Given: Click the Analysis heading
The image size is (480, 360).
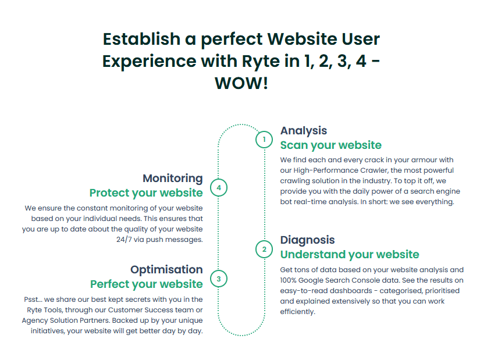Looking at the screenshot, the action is (x=304, y=131).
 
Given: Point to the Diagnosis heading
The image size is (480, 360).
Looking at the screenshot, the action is (x=307, y=240).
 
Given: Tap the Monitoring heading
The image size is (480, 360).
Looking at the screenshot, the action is (x=173, y=178).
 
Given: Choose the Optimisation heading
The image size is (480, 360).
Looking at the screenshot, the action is (x=166, y=269).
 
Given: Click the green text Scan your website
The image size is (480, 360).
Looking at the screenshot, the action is (x=331, y=145).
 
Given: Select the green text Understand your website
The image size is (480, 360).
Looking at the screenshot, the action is (x=350, y=254).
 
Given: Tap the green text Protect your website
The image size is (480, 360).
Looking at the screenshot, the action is (x=146, y=193).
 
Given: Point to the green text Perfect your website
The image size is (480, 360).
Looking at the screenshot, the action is (x=146, y=284).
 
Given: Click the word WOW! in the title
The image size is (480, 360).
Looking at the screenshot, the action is (x=241, y=83).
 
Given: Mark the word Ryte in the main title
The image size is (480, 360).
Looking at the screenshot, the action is (x=261, y=62).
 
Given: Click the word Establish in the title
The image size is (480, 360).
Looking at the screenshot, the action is (x=141, y=39).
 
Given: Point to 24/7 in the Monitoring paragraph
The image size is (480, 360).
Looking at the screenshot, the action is (x=124, y=240).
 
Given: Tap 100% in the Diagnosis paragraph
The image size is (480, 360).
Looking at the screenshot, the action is (x=288, y=280).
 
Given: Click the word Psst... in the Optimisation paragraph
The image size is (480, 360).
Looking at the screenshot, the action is (x=33, y=300).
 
